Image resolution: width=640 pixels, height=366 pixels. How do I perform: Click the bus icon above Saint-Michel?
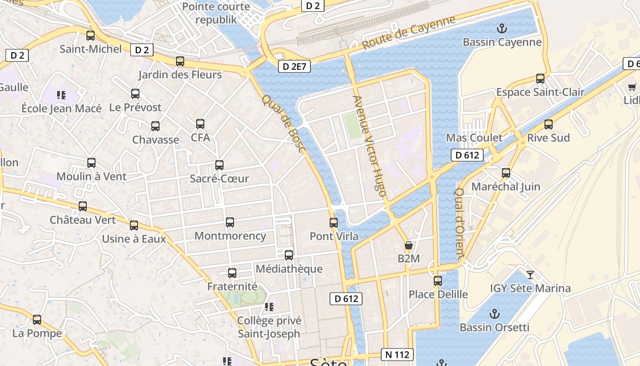(x=91, y=35)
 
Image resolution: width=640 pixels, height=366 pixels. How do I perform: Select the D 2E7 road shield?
(x=294, y=66)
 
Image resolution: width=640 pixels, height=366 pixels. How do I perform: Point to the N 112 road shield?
(x=397, y=354)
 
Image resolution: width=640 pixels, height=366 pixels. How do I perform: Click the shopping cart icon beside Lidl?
(x=632, y=87)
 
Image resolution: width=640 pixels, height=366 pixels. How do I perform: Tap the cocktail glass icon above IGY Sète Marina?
(x=530, y=274)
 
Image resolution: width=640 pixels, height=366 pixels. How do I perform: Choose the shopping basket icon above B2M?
(x=409, y=245)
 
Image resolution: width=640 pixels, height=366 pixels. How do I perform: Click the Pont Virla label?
(x=334, y=236)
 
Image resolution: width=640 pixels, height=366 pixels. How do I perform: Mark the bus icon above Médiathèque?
(x=289, y=255)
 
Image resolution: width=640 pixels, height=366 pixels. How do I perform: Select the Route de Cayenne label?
(x=409, y=33)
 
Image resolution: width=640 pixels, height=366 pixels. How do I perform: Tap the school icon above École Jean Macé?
(x=61, y=95)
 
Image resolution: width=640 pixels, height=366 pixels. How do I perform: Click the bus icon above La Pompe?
(x=37, y=320)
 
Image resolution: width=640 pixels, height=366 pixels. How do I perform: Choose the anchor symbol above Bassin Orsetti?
(x=494, y=314)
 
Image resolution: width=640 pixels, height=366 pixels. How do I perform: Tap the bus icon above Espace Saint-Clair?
(x=540, y=79)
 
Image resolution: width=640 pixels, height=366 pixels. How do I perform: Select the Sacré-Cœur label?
(x=219, y=178)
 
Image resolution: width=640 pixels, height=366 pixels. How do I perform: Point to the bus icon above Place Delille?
(x=438, y=280)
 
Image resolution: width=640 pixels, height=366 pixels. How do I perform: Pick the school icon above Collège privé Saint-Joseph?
(x=269, y=307)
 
